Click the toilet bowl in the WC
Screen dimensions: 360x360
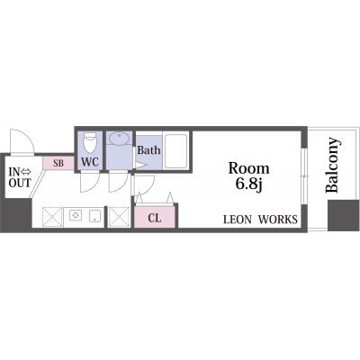pyautogui.click(x=90, y=142)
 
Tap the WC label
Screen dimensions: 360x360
pyautogui.click(x=90, y=162)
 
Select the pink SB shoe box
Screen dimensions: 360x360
pyautogui.click(x=58, y=164)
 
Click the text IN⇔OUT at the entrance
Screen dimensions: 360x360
pyautogui.click(x=20, y=177)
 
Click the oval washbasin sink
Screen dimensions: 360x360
pyautogui.click(x=119, y=139)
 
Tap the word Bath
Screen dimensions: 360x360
pyautogui.click(x=148, y=150)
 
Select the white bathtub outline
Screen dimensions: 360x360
pyautogui.click(x=176, y=151)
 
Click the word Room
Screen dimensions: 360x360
pyautogui.click(x=248, y=168)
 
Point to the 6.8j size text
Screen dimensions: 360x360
pyautogui.click(x=248, y=184)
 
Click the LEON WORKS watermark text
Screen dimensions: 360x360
pyautogui.click(x=260, y=220)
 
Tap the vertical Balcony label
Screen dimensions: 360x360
pyautogui.click(x=333, y=165)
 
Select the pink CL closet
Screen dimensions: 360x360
pyautogui.click(x=155, y=217)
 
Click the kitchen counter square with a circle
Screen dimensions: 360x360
pyautogui.click(x=76, y=215)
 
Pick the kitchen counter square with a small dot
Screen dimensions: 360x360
pyautogui.click(x=94, y=215)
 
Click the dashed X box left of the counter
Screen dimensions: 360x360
pyautogui.click(x=52, y=217)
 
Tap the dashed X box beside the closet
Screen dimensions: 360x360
pyautogui.click(x=119, y=217)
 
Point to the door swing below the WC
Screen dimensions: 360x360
pyautogui.click(x=90, y=183)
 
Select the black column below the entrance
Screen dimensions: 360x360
pyautogui.click(x=16, y=213)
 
